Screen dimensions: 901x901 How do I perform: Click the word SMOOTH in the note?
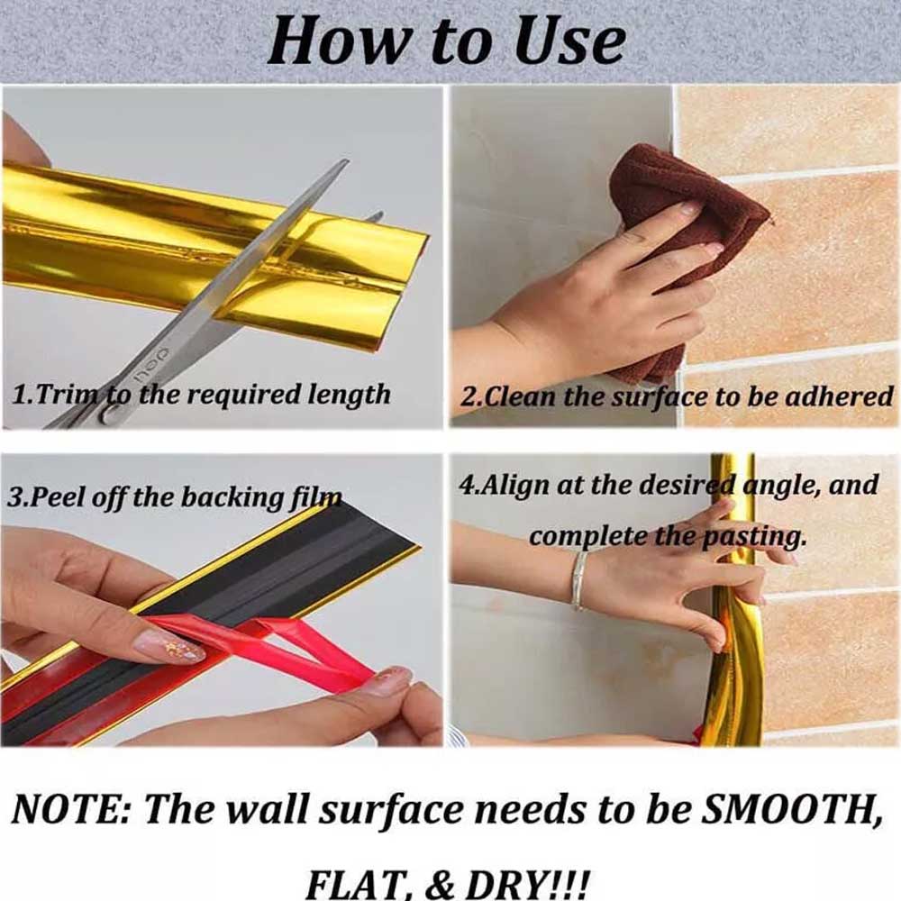794,810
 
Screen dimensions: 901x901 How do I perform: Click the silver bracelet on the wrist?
578,580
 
